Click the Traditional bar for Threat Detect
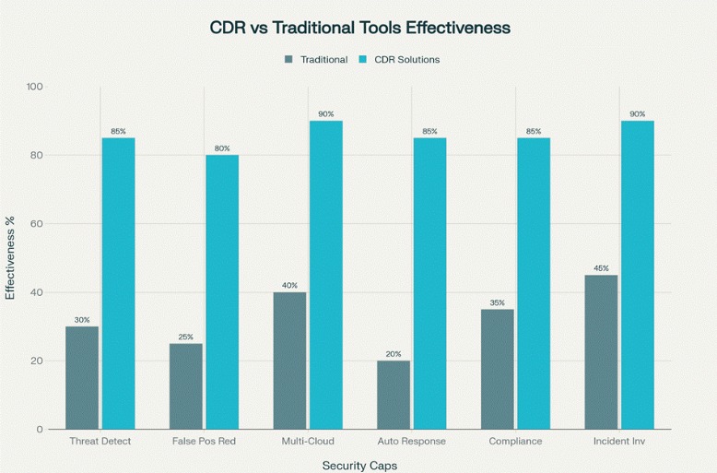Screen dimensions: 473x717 point(82,377)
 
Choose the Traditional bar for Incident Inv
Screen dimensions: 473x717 point(601,351)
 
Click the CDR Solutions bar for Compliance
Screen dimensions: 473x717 point(534,283)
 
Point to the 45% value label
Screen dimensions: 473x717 point(601,268)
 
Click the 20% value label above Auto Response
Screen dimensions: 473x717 point(394,354)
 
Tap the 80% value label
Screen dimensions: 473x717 point(222,148)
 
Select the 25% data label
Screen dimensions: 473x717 point(186,337)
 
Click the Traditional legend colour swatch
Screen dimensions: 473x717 point(288,60)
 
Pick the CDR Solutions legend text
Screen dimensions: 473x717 point(406,60)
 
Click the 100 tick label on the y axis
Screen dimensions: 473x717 point(34,87)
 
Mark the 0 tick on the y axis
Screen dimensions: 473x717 point(39,430)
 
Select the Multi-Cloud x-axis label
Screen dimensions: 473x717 point(308,442)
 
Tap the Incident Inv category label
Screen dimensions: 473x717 point(619,442)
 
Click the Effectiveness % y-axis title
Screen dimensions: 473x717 point(11,257)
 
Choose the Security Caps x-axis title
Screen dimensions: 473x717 point(359,466)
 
